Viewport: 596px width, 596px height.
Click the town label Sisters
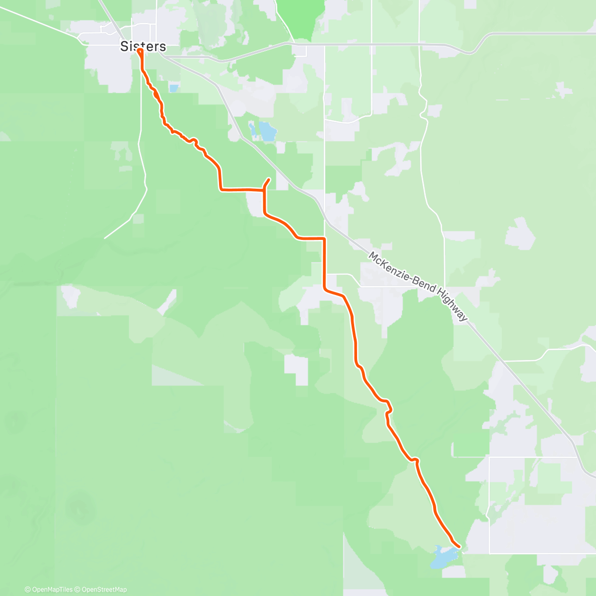(x=143, y=47)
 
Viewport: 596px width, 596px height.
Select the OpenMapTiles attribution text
(x=49, y=590)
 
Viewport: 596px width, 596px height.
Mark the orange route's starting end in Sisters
(x=140, y=51)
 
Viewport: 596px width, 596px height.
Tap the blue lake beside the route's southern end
(x=442, y=557)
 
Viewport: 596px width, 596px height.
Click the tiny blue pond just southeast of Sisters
(x=173, y=88)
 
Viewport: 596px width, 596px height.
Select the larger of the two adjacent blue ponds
(x=267, y=132)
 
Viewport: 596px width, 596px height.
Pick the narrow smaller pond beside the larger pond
(x=253, y=130)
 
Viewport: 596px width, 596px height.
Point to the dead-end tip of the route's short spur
(x=269, y=179)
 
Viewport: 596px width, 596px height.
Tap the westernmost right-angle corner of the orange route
(x=220, y=189)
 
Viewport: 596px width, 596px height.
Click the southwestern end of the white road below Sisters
(x=105, y=238)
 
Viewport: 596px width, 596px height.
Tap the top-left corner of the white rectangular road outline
(x=490, y=457)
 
